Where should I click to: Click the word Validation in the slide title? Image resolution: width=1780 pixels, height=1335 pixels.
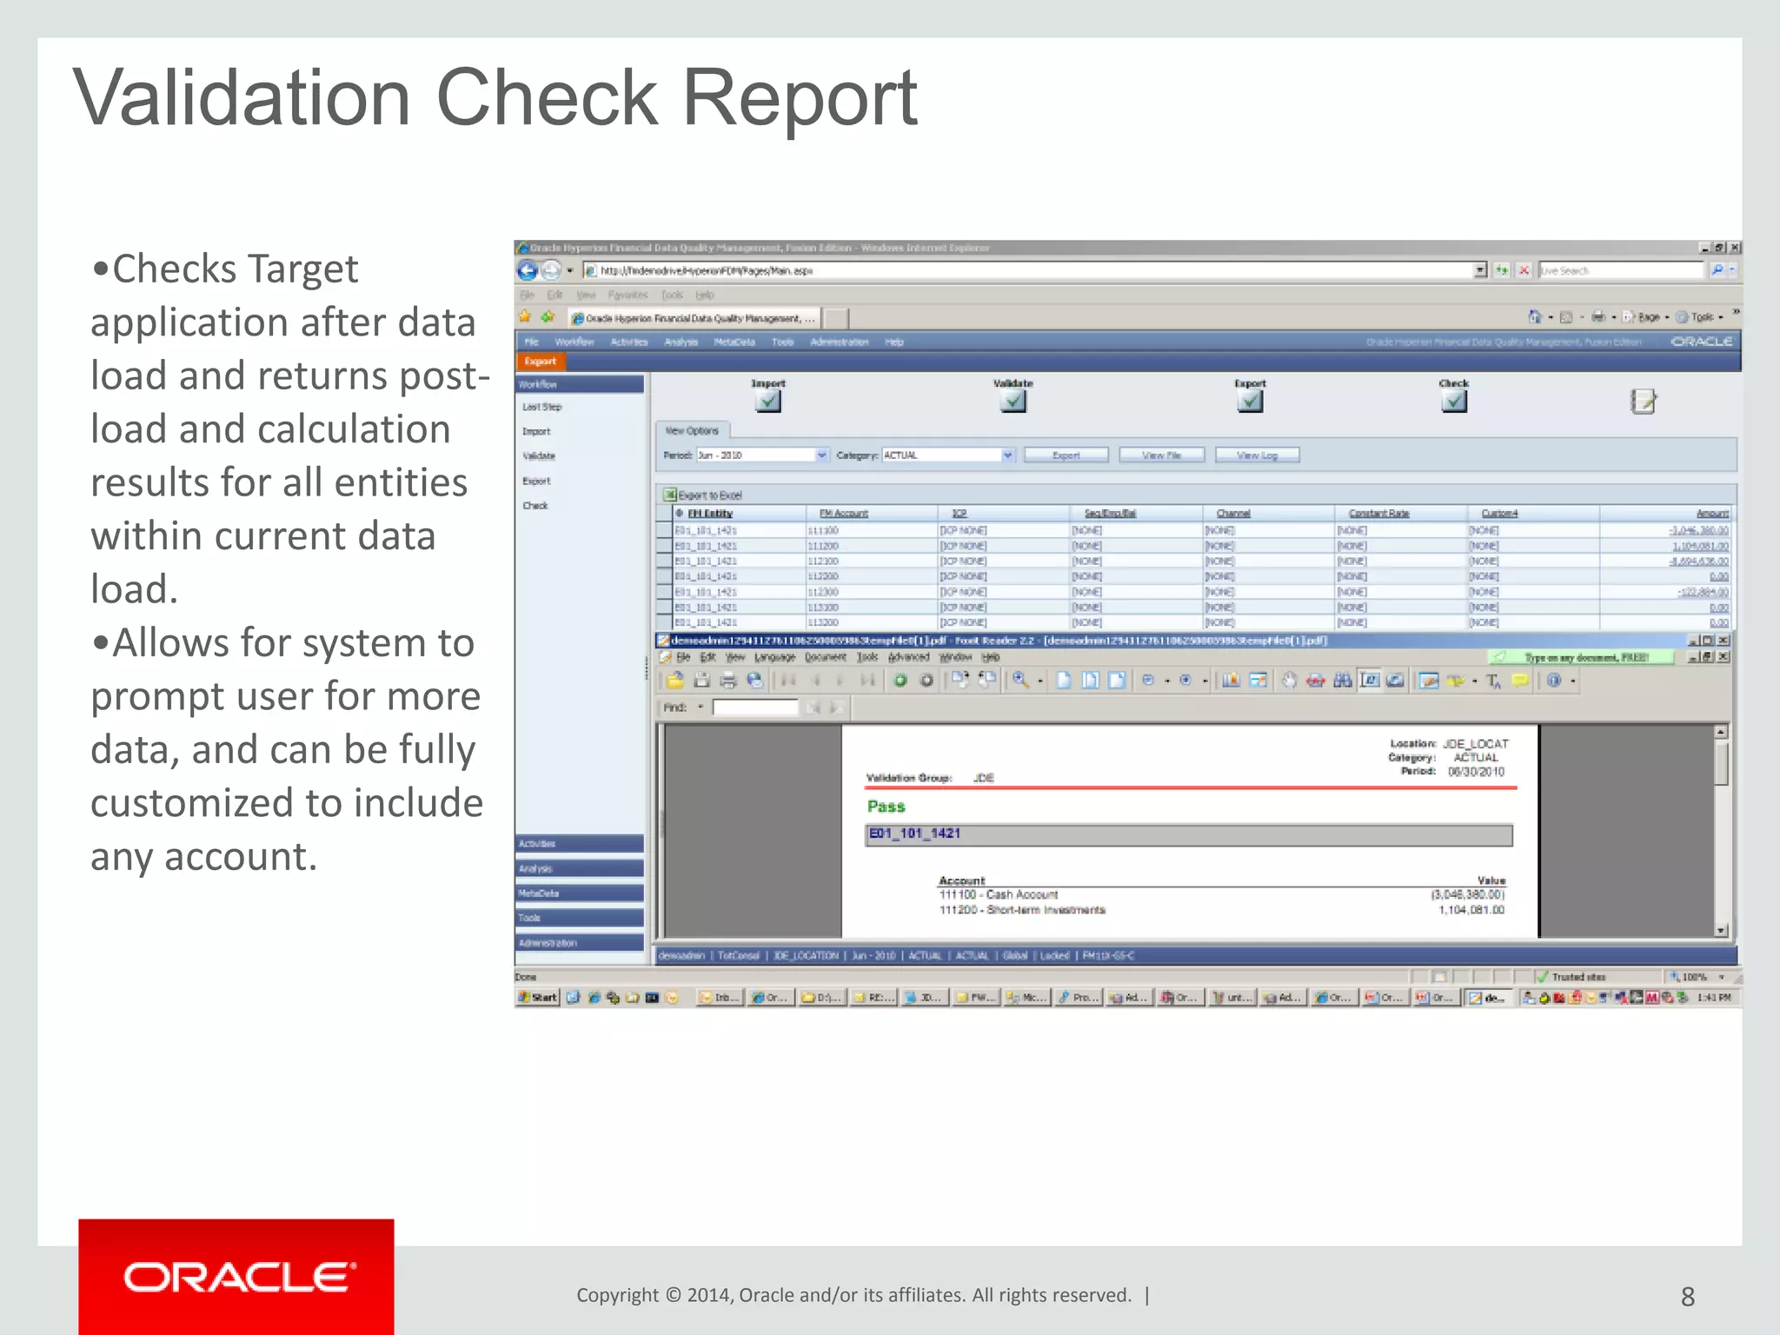coord(242,97)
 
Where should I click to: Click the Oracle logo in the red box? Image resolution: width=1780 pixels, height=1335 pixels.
coord(239,1278)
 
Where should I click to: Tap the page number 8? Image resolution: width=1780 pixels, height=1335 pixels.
coord(1687,1297)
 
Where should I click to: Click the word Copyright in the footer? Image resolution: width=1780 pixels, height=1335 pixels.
coord(617,1295)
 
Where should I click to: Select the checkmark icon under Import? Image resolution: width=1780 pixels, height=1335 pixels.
coord(768,401)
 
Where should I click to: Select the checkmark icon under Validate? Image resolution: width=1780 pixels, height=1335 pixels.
coord(1013,401)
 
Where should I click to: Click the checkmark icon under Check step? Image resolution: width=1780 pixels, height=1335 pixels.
coord(1453,401)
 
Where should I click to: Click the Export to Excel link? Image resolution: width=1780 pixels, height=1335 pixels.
coord(708,495)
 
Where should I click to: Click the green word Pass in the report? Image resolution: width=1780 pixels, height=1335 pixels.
coord(886,807)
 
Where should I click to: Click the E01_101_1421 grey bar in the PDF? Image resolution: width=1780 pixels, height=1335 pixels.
coord(1188,834)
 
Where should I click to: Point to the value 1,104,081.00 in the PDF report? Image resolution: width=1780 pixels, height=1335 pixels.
coord(1471,910)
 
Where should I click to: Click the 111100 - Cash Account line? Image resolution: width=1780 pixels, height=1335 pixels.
coord(999,894)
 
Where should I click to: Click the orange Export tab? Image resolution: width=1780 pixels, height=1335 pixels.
coord(541,362)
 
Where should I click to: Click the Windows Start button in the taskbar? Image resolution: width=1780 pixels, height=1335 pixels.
coord(538,997)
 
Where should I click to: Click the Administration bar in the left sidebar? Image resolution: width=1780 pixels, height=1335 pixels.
coord(579,943)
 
